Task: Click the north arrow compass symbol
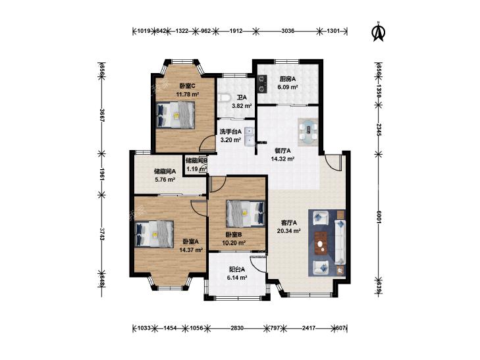(x=379, y=32)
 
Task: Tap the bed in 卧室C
(x=175, y=115)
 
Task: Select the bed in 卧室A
(x=154, y=234)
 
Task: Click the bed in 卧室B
(x=246, y=213)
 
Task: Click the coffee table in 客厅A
(x=321, y=243)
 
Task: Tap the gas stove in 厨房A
(x=262, y=84)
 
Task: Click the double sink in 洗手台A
(x=250, y=136)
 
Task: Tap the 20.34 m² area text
(x=288, y=231)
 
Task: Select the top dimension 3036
(x=288, y=30)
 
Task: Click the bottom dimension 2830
(x=237, y=328)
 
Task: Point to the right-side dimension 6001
(x=379, y=217)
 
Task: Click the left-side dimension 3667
(x=101, y=116)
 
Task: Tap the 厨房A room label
(x=288, y=79)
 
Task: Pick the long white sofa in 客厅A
(x=340, y=242)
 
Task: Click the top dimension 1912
(x=236, y=30)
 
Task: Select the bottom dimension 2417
(x=309, y=328)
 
